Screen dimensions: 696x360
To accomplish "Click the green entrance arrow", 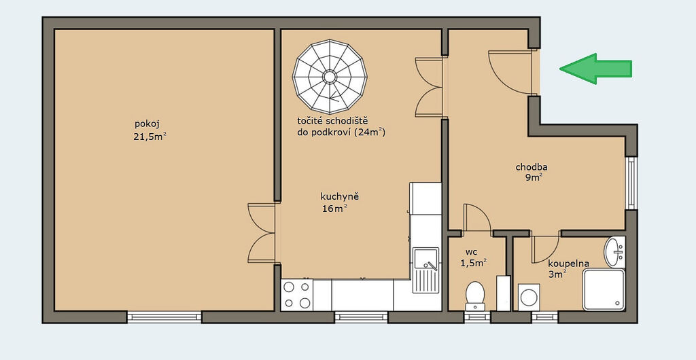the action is click(x=595, y=69).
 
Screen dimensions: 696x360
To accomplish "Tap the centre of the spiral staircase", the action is click(x=330, y=77).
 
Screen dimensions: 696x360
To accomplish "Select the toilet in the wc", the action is click(x=474, y=295).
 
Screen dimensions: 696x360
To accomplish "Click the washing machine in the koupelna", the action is click(x=529, y=297).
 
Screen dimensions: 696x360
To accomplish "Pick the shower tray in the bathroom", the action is click(x=604, y=289).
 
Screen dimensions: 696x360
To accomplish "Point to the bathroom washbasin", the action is click(x=614, y=252).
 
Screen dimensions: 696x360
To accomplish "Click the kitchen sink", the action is click(x=425, y=270).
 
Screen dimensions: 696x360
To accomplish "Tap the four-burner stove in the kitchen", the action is click(x=297, y=295).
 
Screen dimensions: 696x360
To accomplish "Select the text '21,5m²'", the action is click(x=150, y=137).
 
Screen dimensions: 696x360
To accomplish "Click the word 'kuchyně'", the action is click(x=340, y=196).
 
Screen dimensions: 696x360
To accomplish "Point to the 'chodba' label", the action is click(x=532, y=167).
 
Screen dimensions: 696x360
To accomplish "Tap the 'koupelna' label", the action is click(x=569, y=264).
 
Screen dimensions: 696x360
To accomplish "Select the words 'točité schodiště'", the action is click(x=333, y=121).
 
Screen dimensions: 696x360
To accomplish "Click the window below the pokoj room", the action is click(x=164, y=317).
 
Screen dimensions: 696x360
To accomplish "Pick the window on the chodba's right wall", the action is click(x=631, y=183).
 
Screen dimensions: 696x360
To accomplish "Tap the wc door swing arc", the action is click(x=477, y=217).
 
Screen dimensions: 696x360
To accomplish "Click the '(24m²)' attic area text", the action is click(x=370, y=132).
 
